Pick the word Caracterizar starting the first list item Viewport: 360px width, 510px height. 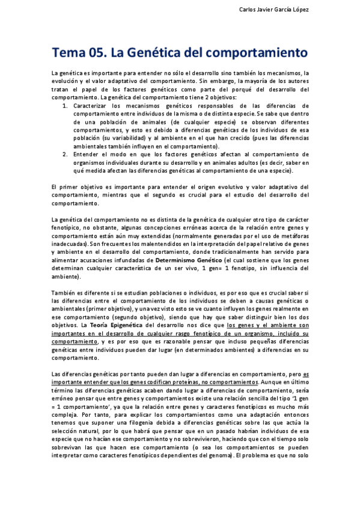tap(109, 105)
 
